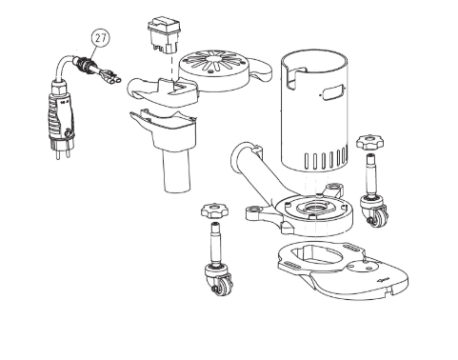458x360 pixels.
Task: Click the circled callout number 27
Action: [101, 38]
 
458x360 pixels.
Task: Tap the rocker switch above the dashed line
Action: [164, 34]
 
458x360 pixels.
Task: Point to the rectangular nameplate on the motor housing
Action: [333, 92]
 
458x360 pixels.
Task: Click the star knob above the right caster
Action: [369, 142]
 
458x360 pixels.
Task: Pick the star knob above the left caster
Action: [214, 210]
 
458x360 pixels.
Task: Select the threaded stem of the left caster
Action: [216, 244]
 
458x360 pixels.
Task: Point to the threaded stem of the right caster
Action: [371, 174]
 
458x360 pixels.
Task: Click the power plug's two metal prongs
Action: [62, 151]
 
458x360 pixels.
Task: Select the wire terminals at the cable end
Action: [110, 77]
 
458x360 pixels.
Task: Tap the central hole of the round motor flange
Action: [314, 209]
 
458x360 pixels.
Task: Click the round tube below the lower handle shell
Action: [177, 170]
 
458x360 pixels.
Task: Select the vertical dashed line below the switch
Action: [171, 68]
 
